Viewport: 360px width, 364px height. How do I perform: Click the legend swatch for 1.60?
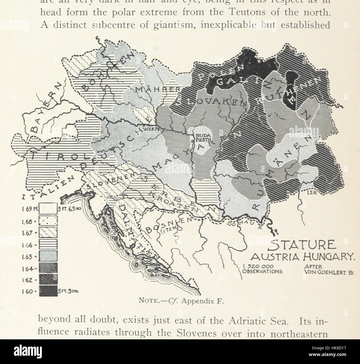(48, 291)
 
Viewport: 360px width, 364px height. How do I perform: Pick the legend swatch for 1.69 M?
(48, 209)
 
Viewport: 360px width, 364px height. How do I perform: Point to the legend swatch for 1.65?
(48, 257)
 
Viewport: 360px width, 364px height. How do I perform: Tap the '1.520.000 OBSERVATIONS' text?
(258, 269)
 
